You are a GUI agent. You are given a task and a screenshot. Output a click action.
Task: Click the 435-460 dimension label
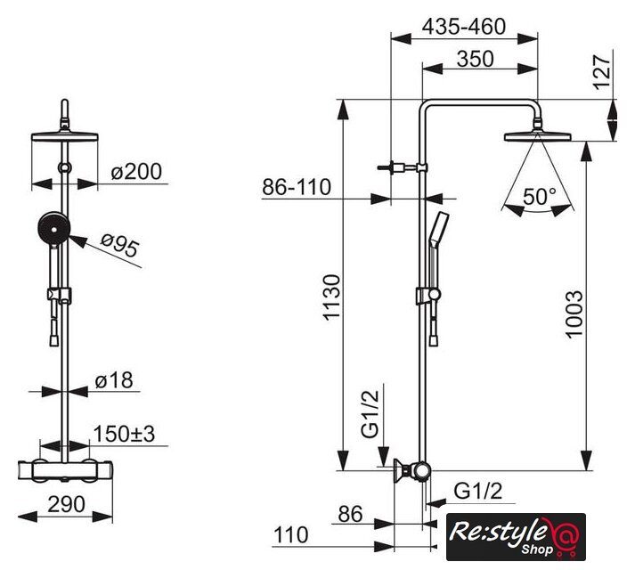(464, 27)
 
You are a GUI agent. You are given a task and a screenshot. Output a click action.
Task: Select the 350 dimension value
(476, 59)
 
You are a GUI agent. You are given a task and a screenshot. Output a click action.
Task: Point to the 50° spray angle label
(540, 197)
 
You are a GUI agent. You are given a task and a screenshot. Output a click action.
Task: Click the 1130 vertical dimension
(332, 297)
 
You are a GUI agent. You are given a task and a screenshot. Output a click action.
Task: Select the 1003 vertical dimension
(574, 314)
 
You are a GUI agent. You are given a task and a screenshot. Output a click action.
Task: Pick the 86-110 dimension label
(297, 187)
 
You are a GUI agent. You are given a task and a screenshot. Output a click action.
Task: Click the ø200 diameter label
(136, 171)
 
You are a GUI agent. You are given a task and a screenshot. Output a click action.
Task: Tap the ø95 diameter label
(120, 245)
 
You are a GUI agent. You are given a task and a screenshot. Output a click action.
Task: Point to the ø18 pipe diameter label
(114, 381)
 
